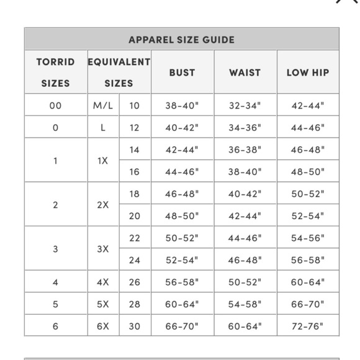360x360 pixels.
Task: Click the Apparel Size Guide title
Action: (181, 40)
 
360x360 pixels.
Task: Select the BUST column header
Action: (182, 73)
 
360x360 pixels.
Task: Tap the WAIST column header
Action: (245, 73)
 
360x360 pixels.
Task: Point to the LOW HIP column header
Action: (308, 73)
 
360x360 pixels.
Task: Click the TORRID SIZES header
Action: (55, 72)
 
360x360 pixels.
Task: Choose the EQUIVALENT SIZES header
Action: (119, 72)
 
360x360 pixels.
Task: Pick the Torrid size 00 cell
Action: (55, 106)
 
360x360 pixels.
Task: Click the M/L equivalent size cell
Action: (103, 106)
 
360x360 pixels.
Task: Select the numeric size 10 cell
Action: (135, 106)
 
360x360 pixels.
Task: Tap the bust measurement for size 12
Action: (182, 128)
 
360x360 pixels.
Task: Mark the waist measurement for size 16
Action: (245, 172)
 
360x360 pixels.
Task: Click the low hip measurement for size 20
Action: (308, 216)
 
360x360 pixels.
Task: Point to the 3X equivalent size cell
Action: (103, 249)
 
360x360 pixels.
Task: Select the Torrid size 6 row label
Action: (55, 326)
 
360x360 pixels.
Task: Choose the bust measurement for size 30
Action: (182, 326)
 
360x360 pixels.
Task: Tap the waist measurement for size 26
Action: (245, 282)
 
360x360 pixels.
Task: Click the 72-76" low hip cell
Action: (308, 326)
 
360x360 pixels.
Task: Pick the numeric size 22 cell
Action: (135, 238)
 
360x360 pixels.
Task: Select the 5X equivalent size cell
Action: (103, 304)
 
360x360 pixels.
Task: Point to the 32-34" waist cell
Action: (245, 106)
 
